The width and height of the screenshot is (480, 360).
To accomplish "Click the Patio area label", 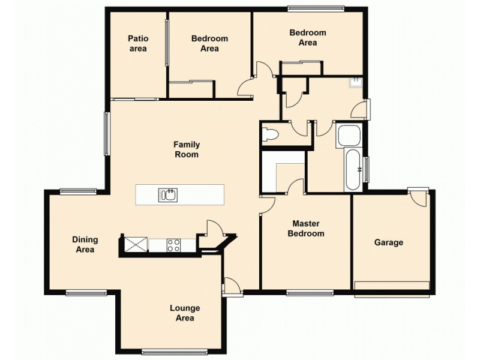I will point(138,43).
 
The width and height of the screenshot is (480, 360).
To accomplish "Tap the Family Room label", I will point(187,149).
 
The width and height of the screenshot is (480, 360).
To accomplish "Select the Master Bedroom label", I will point(306,229).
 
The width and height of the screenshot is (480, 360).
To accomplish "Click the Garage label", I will point(389,242).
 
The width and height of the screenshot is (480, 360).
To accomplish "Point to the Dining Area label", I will point(85,244).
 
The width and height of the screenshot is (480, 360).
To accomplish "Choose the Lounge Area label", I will point(185,313).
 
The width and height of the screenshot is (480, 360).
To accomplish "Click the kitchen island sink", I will point(167,194).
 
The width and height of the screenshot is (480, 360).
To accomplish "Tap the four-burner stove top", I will point(173,245).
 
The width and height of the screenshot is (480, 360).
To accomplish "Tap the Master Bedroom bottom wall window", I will point(310,293).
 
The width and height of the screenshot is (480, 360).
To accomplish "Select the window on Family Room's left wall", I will point(107,134).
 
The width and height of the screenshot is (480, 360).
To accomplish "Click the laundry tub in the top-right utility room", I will point(357,82).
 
